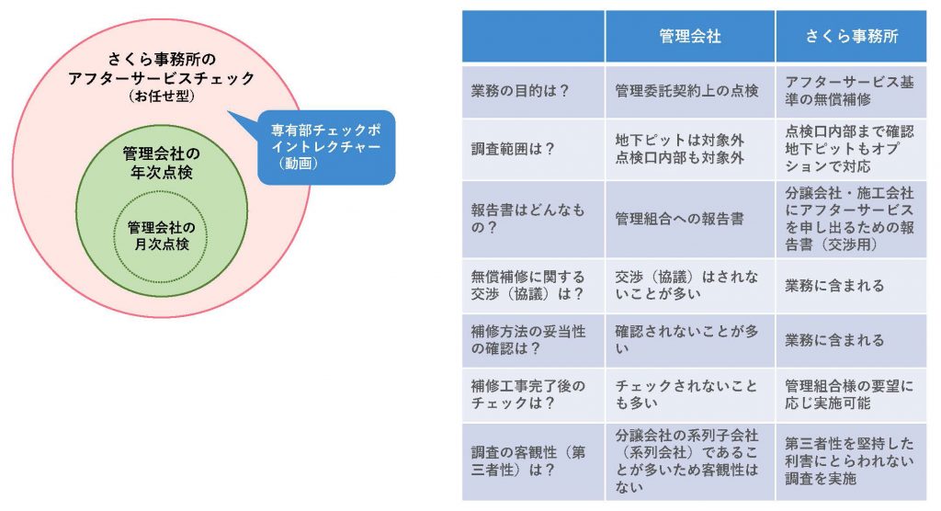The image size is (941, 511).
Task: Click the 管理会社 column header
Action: pos(689,37)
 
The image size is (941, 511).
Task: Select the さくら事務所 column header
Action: pos(851,37)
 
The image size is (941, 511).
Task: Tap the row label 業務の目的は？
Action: pos(520,91)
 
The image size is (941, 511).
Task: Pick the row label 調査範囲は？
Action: pos(513,149)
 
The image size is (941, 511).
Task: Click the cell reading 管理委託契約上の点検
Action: pos(686,91)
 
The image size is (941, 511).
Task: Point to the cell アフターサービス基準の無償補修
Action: pos(849,91)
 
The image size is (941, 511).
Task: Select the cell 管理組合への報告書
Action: pos(679,219)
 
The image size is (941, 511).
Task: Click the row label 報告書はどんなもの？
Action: pos(527,219)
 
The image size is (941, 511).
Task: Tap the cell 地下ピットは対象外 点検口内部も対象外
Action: pos(679,149)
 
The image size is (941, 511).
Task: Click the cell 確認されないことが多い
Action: pos(686,340)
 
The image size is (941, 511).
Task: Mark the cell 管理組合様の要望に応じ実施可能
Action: pos(849,394)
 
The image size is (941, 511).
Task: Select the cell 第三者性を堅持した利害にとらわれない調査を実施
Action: pos(849,461)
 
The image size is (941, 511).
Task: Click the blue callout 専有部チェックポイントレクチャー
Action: pos(326,147)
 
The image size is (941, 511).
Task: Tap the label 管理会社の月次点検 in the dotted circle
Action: pos(162,236)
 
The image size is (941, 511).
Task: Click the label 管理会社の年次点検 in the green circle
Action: pos(162,163)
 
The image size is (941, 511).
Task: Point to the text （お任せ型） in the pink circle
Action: pos(162,97)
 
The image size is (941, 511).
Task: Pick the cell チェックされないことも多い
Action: pos(686,394)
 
